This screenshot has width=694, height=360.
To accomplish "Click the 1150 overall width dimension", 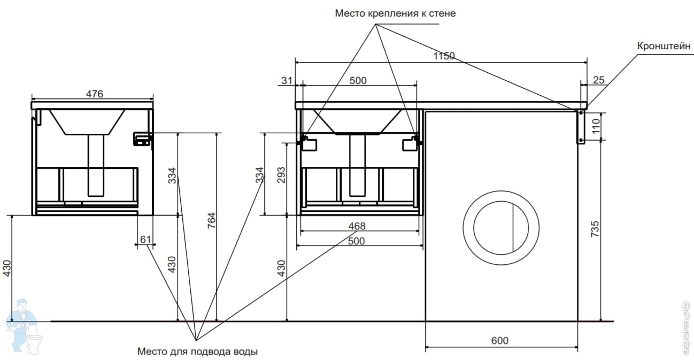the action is (x=444, y=56).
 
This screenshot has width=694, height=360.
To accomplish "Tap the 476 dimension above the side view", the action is (x=94, y=94).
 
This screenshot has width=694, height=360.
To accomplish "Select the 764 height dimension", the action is (x=211, y=220).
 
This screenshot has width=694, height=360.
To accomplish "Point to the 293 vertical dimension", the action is (x=281, y=175).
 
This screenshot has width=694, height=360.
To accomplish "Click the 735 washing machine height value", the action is (x=595, y=229).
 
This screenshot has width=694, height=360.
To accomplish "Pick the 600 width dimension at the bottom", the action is (x=500, y=340).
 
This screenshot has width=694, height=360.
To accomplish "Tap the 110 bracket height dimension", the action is (x=596, y=127).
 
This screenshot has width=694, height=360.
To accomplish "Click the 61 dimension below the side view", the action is (x=145, y=240).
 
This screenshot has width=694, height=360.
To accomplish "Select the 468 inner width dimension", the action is (x=357, y=226).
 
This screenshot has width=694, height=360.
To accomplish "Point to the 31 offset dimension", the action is (x=287, y=81).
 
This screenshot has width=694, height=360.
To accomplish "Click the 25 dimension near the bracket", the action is (x=599, y=80).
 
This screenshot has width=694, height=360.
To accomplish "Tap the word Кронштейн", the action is (x=664, y=46).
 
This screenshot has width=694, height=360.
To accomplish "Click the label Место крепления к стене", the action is (x=395, y=13).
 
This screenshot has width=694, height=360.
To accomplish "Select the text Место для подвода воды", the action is (x=197, y=351).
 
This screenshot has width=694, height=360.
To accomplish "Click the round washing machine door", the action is (x=501, y=191).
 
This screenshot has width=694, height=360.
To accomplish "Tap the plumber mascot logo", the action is (x=24, y=326).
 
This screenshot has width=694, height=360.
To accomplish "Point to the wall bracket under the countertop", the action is (x=581, y=127).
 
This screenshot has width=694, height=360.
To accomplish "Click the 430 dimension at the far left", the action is (x=7, y=268).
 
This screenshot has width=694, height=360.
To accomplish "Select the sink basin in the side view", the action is (x=87, y=122).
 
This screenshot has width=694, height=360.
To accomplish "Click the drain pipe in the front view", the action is (x=357, y=165).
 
